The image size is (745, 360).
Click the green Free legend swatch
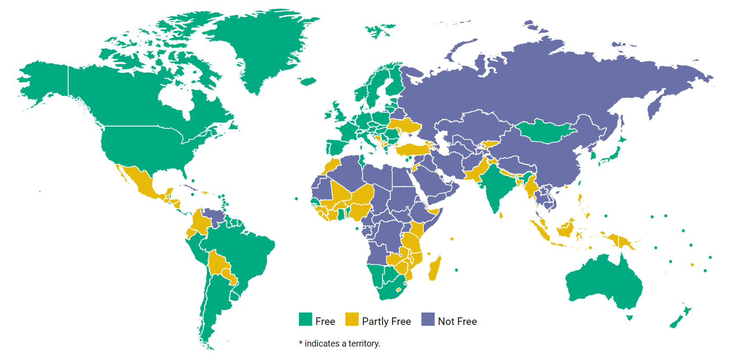pyautogui.click(x=305, y=319)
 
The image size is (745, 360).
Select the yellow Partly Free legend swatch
pyautogui.click(x=351, y=319)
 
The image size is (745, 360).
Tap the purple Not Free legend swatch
pyautogui.click(x=427, y=319)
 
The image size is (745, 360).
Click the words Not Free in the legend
pyautogui.click(x=457, y=322)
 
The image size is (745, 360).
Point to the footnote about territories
pyautogui.click(x=339, y=343)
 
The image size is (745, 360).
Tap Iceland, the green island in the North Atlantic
pyautogui.click(x=307, y=81)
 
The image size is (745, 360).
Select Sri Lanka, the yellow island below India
pyautogui.click(x=501, y=215)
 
